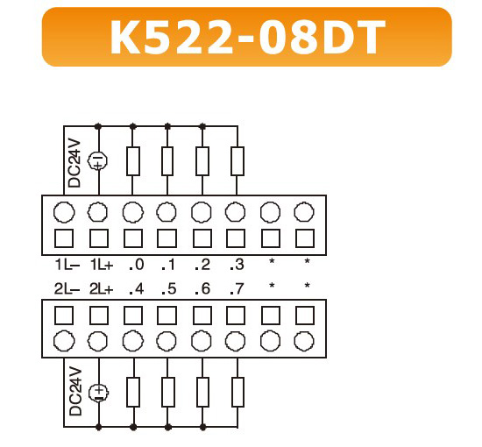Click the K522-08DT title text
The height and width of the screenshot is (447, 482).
coord(247,37)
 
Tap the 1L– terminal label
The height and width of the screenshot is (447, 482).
coord(67,265)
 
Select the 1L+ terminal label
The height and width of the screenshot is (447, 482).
coord(102,265)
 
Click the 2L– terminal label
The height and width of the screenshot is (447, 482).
coord(67,289)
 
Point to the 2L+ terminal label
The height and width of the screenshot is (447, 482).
coord(102,289)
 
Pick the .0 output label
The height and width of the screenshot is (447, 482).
coord(137,265)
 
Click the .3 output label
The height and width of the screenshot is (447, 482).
coord(237,265)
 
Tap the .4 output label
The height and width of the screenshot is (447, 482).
coord(137,289)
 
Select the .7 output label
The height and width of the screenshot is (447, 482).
coord(237,289)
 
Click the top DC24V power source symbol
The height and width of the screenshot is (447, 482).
coord(98,161)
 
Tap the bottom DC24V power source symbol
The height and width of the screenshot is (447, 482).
coord(99,394)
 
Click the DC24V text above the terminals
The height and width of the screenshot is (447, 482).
coord(74,164)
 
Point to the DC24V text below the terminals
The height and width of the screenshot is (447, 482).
coord(75,392)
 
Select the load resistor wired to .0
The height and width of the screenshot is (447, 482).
coord(133,161)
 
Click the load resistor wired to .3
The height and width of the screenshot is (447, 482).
coord(237,161)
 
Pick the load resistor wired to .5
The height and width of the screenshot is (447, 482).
coord(168,393)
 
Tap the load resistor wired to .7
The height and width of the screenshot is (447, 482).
coord(237,393)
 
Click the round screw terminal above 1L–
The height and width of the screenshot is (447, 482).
coord(64,212)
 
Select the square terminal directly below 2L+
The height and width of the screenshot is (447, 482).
coord(99,316)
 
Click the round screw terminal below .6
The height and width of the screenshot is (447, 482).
coord(202,341)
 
